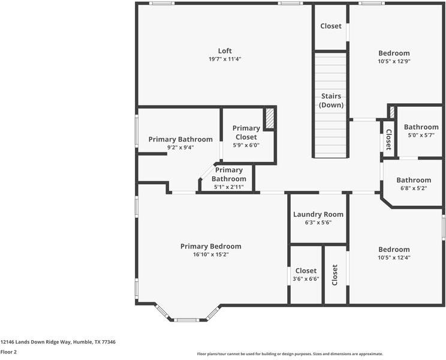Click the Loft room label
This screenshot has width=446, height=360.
pyautogui.click(x=225, y=51)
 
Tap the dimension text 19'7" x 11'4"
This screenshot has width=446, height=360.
pyautogui.click(x=225, y=59)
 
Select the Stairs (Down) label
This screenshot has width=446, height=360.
pyautogui.click(x=331, y=100)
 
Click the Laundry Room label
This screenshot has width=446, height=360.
pyautogui.click(x=318, y=214)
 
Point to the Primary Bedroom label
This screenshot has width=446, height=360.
pyautogui.click(x=211, y=246)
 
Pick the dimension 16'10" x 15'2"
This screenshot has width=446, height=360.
pyautogui.click(x=211, y=254)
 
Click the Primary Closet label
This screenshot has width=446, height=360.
pyautogui.click(x=246, y=132)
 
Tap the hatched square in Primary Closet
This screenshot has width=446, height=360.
pyautogui.click(x=270, y=118)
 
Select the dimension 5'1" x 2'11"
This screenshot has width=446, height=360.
pyautogui.click(x=229, y=187)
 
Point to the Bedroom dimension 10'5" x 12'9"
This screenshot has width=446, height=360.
pyautogui.click(x=394, y=61)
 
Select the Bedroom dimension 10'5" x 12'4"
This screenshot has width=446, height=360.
pyautogui.click(x=394, y=257)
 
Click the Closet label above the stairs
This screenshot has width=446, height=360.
pyautogui.click(x=331, y=26)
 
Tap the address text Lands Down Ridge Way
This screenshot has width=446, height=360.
pyautogui.click(x=58, y=342)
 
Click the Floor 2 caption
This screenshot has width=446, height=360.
pyautogui.click(x=8, y=352)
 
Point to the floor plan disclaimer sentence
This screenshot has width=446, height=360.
pyautogui.click(x=290, y=354)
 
